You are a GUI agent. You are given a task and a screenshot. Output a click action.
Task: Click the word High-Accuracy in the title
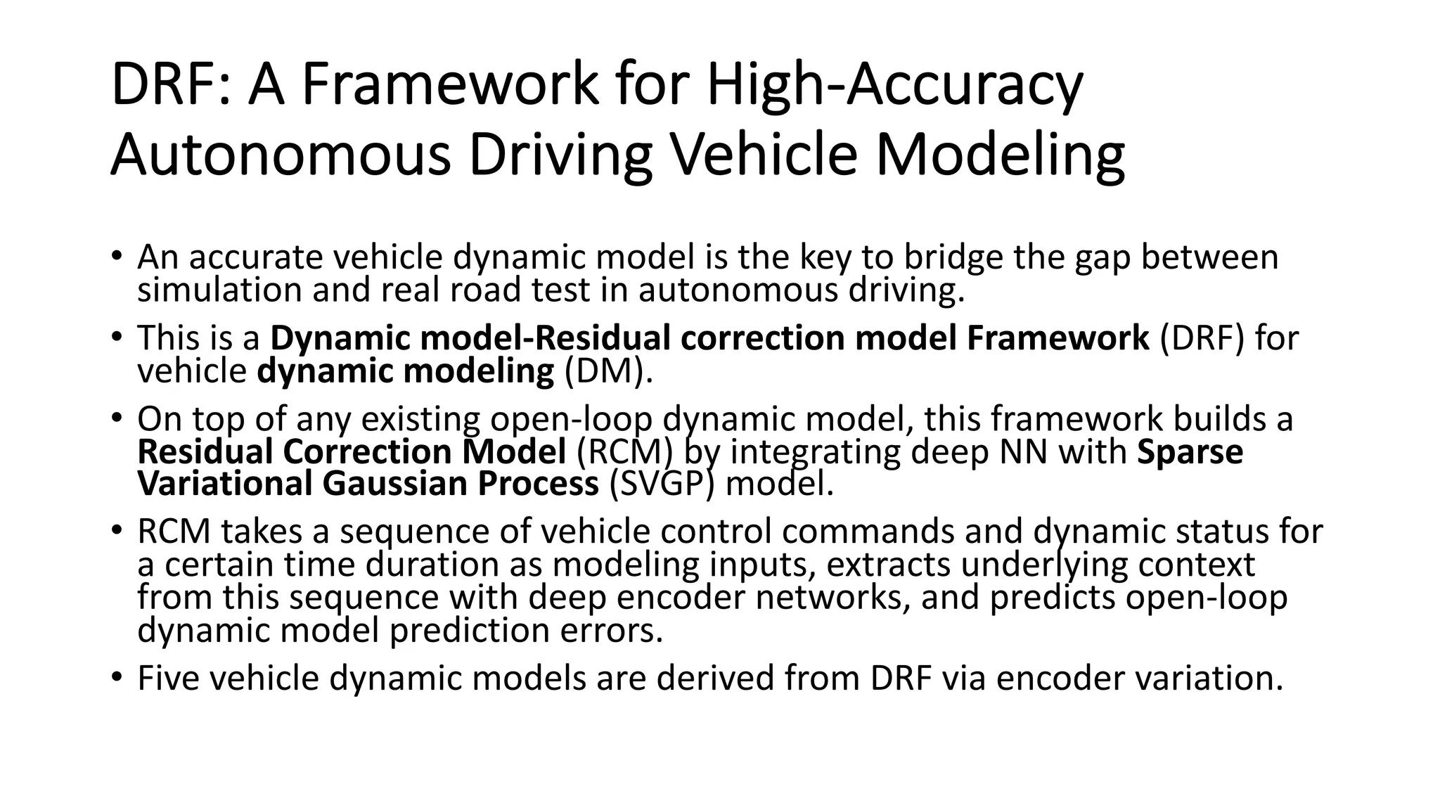click(894, 86)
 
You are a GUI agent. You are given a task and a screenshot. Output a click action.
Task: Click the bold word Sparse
click(1190, 451)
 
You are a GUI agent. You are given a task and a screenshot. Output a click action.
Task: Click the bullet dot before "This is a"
click(117, 336)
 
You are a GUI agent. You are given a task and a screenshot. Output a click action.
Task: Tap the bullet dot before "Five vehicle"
click(117, 677)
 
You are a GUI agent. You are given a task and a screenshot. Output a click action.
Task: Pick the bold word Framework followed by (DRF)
click(1057, 338)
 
